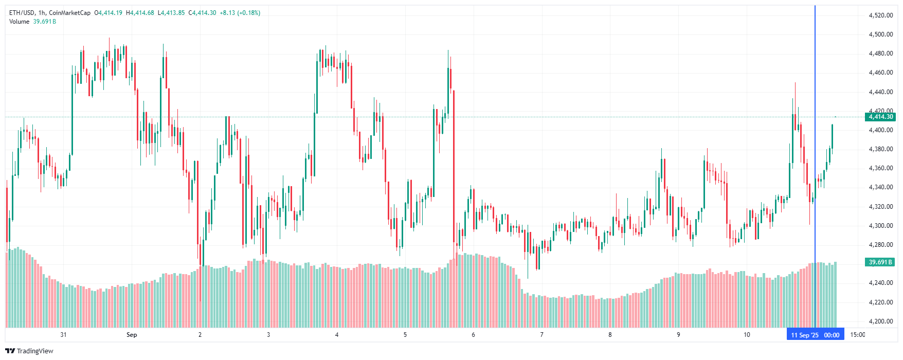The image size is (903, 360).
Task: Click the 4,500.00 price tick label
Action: point(880,34)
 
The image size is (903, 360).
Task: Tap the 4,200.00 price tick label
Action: point(880,321)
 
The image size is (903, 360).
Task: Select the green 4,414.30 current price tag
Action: point(880,117)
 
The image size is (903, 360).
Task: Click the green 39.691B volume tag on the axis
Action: point(880,262)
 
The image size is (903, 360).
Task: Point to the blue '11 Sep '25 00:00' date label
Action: point(815,335)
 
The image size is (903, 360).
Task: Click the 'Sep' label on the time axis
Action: point(132,335)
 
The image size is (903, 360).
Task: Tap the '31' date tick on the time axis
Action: point(63,335)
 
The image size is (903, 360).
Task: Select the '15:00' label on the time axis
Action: point(857,335)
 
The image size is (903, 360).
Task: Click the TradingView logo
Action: point(29,351)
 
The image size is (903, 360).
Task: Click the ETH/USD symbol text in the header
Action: point(22,13)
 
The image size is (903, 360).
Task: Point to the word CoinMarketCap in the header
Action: point(69,13)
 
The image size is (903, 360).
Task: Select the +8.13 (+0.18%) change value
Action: point(240,13)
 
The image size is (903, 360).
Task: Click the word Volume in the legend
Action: point(19,22)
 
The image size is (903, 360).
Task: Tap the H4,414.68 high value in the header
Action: point(140,13)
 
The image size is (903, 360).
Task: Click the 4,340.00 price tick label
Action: point(880,187)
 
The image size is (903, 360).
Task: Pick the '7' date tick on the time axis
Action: point(541,335)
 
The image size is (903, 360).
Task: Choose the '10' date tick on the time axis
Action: point(747,335)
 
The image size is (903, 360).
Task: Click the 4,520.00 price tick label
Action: point(880,15)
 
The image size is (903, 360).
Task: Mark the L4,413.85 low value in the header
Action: point(171,13)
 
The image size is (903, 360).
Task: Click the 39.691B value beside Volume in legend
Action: point(45,22)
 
